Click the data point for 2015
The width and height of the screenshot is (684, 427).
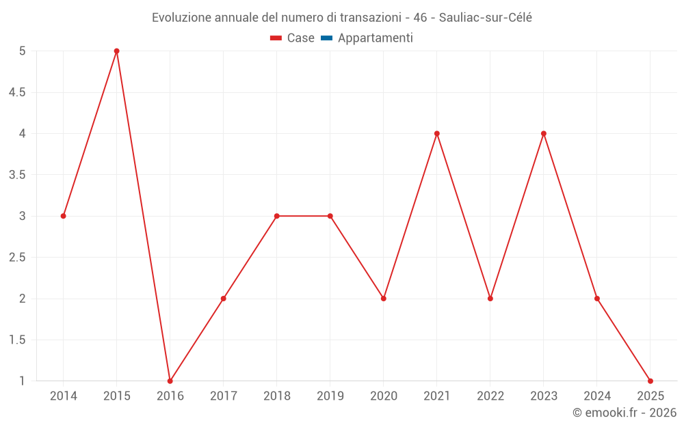[x=116, y=51]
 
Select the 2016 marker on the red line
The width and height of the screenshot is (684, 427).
[x=170, y=381]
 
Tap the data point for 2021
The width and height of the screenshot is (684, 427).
[x=436, y=134]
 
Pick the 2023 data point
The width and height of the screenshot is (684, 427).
[x=544, y=134]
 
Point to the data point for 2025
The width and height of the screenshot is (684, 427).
[x=650, y=381]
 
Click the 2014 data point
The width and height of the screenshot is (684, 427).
[x=63, y=216]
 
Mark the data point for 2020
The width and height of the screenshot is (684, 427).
[x=383, y=299]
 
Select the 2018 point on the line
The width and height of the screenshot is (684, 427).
[x=276, y=216]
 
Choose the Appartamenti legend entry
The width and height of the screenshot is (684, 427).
[x=375, y=38]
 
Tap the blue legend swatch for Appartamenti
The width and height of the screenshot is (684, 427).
[x=326, y=38]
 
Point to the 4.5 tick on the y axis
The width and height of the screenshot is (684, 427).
[x=16, y=92]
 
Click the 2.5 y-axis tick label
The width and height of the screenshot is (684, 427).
[x=16, y=258]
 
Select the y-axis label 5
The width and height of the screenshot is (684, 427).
[x=22, y=51]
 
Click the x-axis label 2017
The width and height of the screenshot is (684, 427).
[x=223, y=396]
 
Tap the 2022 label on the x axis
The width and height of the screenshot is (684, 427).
[x=490, y=396]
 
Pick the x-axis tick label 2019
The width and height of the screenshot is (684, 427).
[x=330, y=396]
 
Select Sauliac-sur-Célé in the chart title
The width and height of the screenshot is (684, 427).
[x=486, y=18]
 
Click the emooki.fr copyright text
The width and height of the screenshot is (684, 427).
[x=624, y=413]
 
